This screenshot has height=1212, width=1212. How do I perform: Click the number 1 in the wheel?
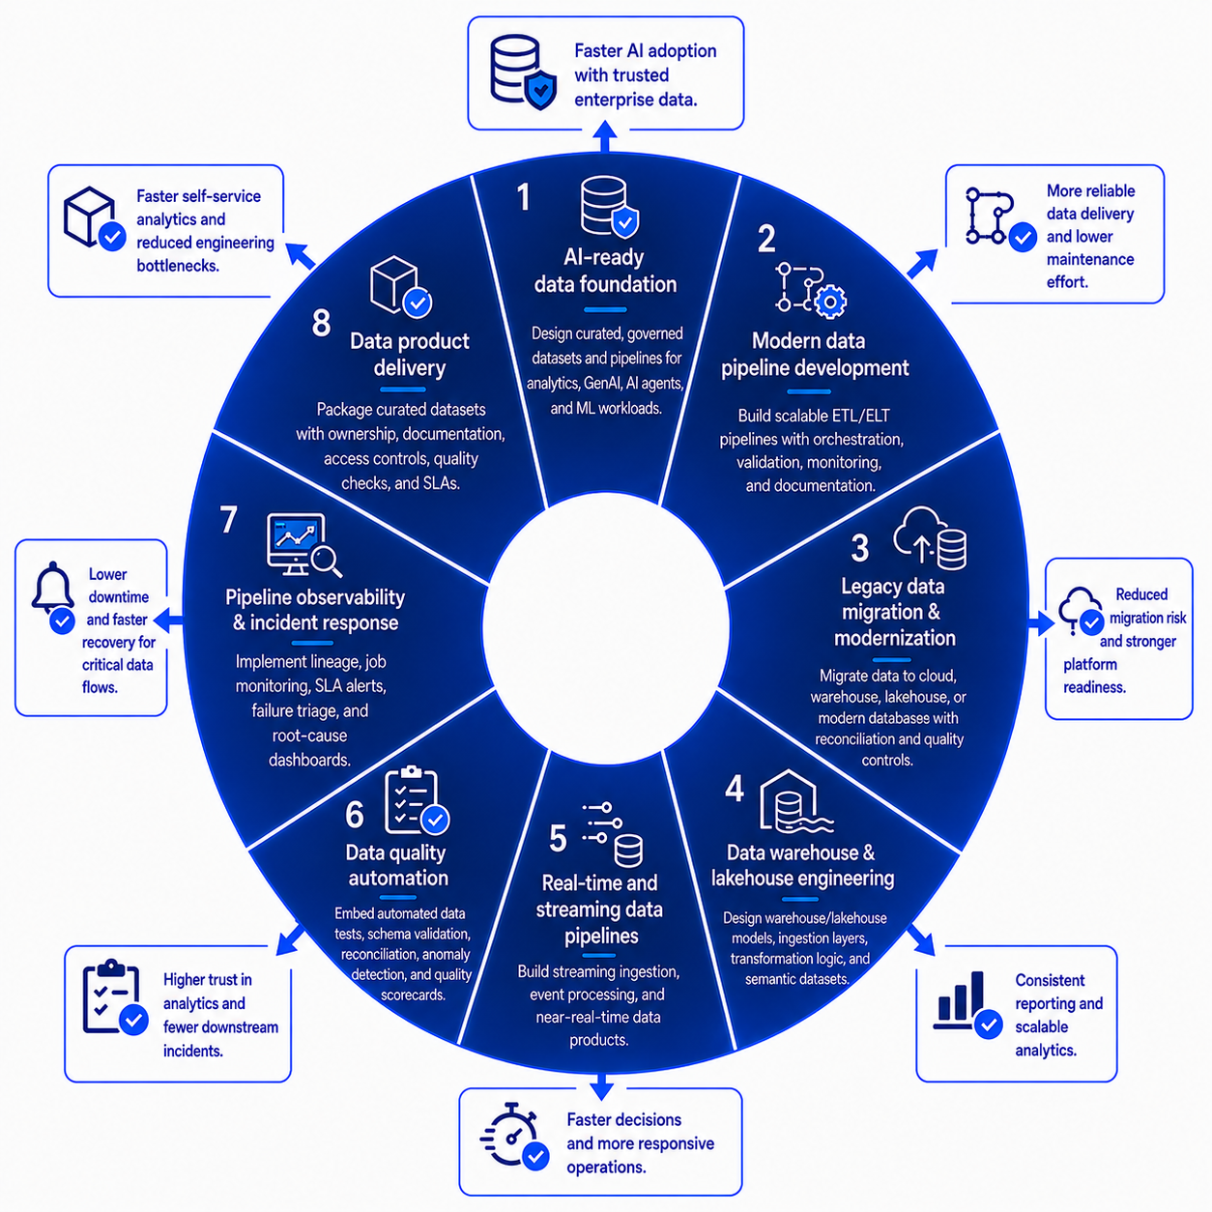[x=523, y=197]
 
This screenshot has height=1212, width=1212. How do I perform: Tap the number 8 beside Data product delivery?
[x=321, y=323]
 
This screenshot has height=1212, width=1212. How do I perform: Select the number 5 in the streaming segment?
[x=558, y=838]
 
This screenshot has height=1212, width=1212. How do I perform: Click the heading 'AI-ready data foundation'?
[x=605, y=271]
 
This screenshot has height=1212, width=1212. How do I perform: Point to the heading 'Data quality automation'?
[x=397, y=865]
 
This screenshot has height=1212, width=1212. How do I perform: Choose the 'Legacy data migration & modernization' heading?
[x=894, y=612]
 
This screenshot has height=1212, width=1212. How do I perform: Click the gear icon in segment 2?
[x=830, y=303]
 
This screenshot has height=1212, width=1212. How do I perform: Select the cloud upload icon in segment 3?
[x=920, y=534]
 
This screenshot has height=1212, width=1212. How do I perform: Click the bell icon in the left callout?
[x=52, y=587]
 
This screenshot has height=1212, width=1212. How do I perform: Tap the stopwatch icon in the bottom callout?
[x=510, y=1142]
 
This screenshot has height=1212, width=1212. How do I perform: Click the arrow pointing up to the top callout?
[x=604, y=136]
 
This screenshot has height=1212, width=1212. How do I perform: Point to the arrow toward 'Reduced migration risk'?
[x=1041, y=624]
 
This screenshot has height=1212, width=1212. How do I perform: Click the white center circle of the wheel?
[x=606, y=627]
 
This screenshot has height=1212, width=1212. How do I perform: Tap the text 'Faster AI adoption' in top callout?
[x=646, y=51]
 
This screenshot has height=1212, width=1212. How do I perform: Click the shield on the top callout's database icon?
[x=540, y=90]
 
